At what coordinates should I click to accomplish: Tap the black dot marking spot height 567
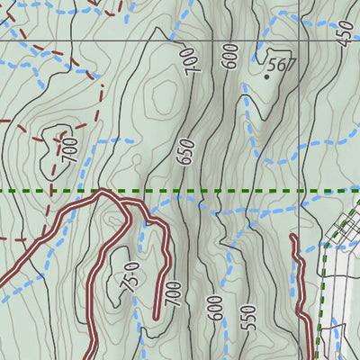[267, 76]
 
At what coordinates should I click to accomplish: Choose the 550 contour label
[249, 318]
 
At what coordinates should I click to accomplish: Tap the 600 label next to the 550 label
[214, 309]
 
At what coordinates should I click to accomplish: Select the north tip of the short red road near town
[294, 237]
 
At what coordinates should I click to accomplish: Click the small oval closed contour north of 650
[166, 93]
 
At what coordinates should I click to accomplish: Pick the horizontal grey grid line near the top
[90, 40]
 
